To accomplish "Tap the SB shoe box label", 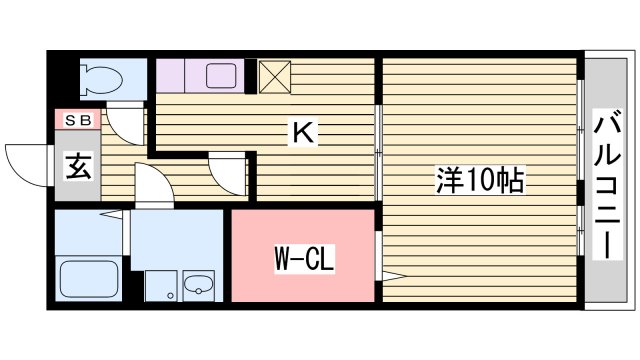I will click(x=77, y=120).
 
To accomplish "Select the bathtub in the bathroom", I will click(x=88, y=278).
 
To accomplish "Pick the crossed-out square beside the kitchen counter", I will click(x=274, y=76).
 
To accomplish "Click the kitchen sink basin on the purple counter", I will click(x=219, y=76).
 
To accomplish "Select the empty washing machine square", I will click(x=159, y=285).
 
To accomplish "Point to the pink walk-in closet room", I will click(x=303, y=255).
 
